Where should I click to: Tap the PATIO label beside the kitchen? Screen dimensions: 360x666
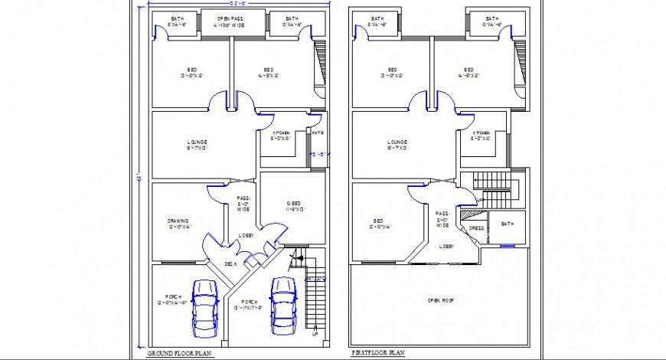[x=318, y=133]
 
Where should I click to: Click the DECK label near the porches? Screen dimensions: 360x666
[x=230, y=263]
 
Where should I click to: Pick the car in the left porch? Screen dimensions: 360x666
[x=204, y=306]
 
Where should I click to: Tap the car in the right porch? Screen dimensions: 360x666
[x=283, y=304]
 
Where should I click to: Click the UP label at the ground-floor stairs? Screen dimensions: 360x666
[x=315, y=334]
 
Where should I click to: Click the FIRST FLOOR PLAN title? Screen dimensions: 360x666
[x=377, y=353]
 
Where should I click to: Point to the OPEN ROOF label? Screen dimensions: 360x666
[x=441, y=301]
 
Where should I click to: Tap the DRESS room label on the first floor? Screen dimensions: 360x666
[x=475, y=227]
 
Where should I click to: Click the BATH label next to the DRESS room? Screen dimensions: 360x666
[x=507, y=224]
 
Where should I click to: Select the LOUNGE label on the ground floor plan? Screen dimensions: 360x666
[x=197, y=143]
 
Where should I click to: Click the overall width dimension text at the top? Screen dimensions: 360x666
[x=233, y=3]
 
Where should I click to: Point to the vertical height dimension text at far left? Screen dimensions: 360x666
[x=139, y=178]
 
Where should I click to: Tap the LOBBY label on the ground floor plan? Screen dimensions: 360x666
[x=246, y=236]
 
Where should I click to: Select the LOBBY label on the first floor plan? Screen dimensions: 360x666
[x=446, y=247]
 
